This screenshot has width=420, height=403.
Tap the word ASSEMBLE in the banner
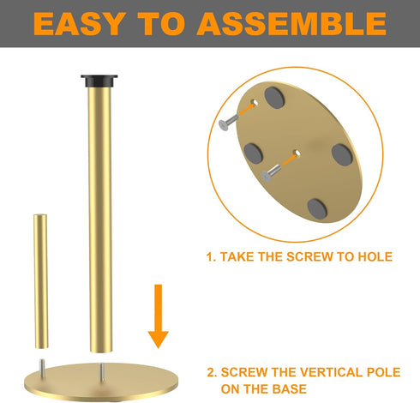pyautogui.click(x=291, y=24)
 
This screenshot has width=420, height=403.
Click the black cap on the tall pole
pyautogui.click(x=99, y=81)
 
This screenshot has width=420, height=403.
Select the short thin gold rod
pyautogui.click(x=41, y=281)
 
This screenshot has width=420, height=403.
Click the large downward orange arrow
pyautogui.click(x=159, y=316)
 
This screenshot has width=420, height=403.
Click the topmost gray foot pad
pyautogui.click(x=274, y=98)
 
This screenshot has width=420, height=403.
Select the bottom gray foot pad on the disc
pyautogui.click(x=317, y=208)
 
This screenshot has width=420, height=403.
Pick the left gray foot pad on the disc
pyautogui.click(x=253, y=153)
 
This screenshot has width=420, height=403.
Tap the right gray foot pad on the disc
pyautogui.click(x=342, y=155)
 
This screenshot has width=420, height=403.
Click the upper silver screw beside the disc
pyautogui.click(x=228, y=122)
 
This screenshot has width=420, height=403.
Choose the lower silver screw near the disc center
pyautogui.click(x=271, y=172)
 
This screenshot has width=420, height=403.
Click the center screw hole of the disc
pyautogui.click(x=297, y=153)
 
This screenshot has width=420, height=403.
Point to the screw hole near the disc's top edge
pyautogui.click(x=255, y=102)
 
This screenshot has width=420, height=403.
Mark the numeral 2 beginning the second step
pyautogui.click(x=211, y=372)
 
